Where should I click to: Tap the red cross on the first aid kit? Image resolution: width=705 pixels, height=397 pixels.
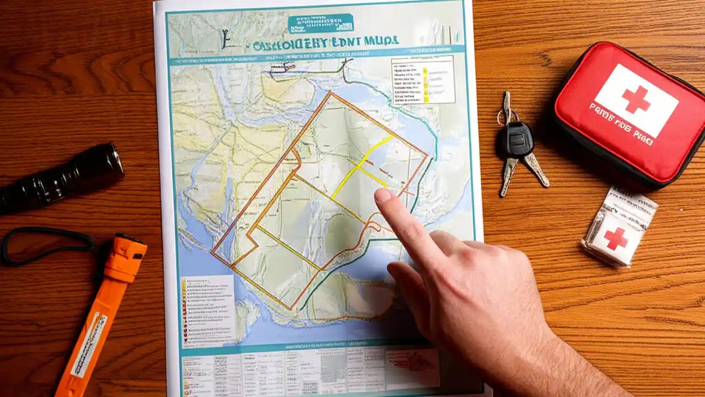pos(636,99)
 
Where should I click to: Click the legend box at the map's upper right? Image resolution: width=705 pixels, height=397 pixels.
pos(422,79)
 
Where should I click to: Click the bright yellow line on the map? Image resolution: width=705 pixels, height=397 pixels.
pos(361,165)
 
